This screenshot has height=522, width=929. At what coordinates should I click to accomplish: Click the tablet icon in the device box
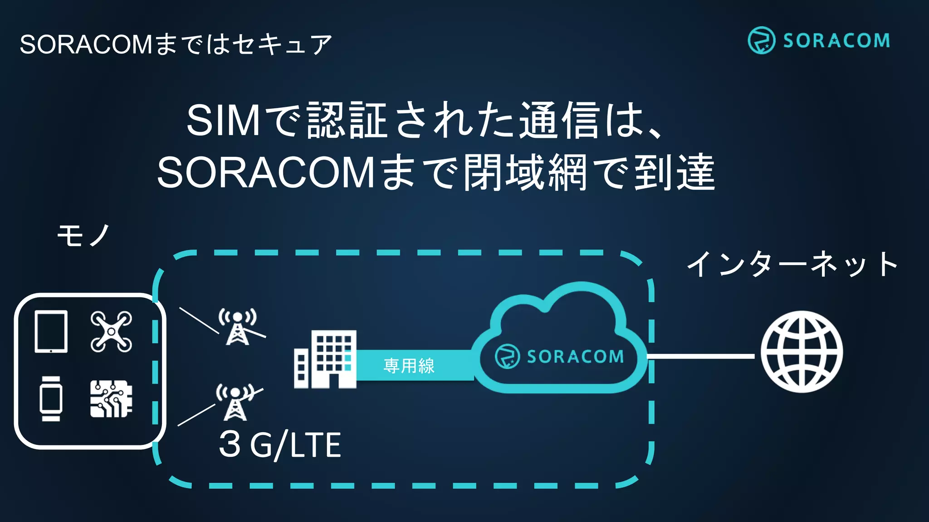[x=51, y=331]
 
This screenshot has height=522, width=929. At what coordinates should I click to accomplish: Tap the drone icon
[x=111, y=331]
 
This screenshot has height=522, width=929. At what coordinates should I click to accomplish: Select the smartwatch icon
[x=51, y=399]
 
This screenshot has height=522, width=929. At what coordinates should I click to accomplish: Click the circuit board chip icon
[x=111, y=399]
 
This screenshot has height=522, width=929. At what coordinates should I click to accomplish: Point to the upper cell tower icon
[x=238, y=327]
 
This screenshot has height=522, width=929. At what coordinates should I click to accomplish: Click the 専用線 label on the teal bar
[x=409, y=366]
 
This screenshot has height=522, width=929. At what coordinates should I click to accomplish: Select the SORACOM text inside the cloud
[x=575, y=357]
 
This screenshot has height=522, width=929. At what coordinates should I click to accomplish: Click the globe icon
[x=802, y=352]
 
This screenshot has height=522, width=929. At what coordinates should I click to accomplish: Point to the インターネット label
[x=792, y=264]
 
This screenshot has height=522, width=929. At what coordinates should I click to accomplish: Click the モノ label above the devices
[x=83, y=236]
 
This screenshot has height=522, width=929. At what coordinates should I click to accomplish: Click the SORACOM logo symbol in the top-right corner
[x=761, y=40]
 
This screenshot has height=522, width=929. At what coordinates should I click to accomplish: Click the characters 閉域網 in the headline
[x=525, y=173]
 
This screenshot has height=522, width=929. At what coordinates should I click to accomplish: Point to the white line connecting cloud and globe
[x=701, y=356]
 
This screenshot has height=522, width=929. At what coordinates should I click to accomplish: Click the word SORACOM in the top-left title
[x=86, y=44]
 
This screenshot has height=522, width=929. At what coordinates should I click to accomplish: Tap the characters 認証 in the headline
[x=347, y=120]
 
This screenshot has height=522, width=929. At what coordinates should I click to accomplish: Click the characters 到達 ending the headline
[x=674, y=173]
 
